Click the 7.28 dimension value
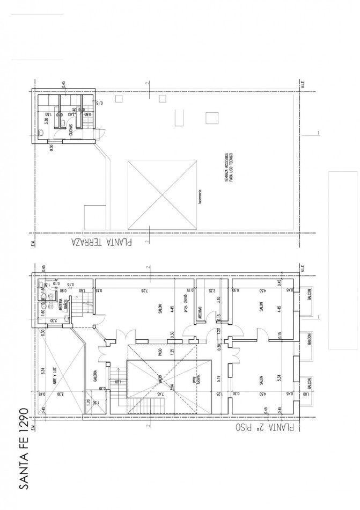(x=144, y=289)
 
